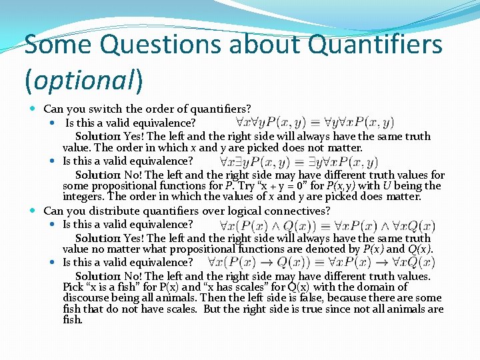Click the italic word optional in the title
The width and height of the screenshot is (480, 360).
click(x=82, y=80)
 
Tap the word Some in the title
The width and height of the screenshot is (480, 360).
click(x=60, y=45)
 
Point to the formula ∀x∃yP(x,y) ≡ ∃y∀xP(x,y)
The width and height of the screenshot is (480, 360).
click(x=299, y=161)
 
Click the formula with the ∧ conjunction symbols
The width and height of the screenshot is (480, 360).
click(x=322, y=225)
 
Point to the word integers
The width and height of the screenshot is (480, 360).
click(x=83, y=197)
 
